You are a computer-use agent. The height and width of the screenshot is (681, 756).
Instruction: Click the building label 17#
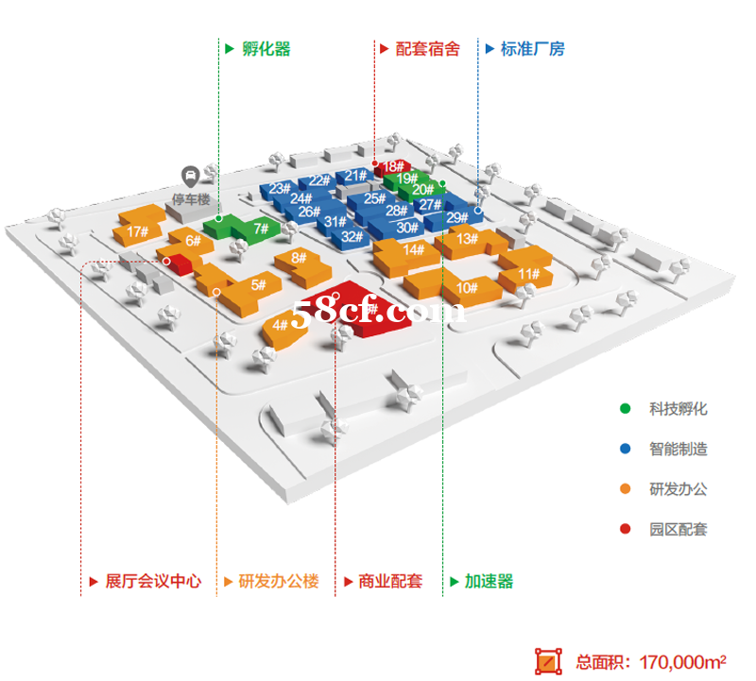137,231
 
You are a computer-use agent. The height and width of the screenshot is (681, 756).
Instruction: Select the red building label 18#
393,166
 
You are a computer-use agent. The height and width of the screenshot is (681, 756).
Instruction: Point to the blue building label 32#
352,237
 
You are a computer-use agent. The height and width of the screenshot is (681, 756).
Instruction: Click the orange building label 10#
467,288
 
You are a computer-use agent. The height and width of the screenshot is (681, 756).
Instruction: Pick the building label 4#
280,325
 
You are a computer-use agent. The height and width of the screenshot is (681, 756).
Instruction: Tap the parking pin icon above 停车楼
191,177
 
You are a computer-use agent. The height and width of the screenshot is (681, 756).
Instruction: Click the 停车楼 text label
191,199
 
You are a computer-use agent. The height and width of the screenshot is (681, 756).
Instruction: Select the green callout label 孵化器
266,49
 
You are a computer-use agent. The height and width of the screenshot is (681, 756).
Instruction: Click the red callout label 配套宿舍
428,49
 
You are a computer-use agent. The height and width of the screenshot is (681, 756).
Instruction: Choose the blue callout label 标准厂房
533,49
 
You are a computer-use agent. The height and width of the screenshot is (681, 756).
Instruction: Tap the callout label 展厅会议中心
153,581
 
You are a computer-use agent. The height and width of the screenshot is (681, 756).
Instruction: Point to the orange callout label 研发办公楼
279,581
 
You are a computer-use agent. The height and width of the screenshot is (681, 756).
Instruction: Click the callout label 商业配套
390,581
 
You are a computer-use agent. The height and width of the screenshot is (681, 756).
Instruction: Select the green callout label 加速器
489,581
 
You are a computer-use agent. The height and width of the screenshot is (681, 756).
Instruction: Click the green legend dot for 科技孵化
625,409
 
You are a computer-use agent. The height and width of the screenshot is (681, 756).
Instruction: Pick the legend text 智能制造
679,449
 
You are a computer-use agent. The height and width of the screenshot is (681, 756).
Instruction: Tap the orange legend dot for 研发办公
625,489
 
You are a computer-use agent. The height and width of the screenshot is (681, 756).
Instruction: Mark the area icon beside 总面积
548,661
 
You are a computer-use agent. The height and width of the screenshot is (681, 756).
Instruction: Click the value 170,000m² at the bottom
682,662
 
